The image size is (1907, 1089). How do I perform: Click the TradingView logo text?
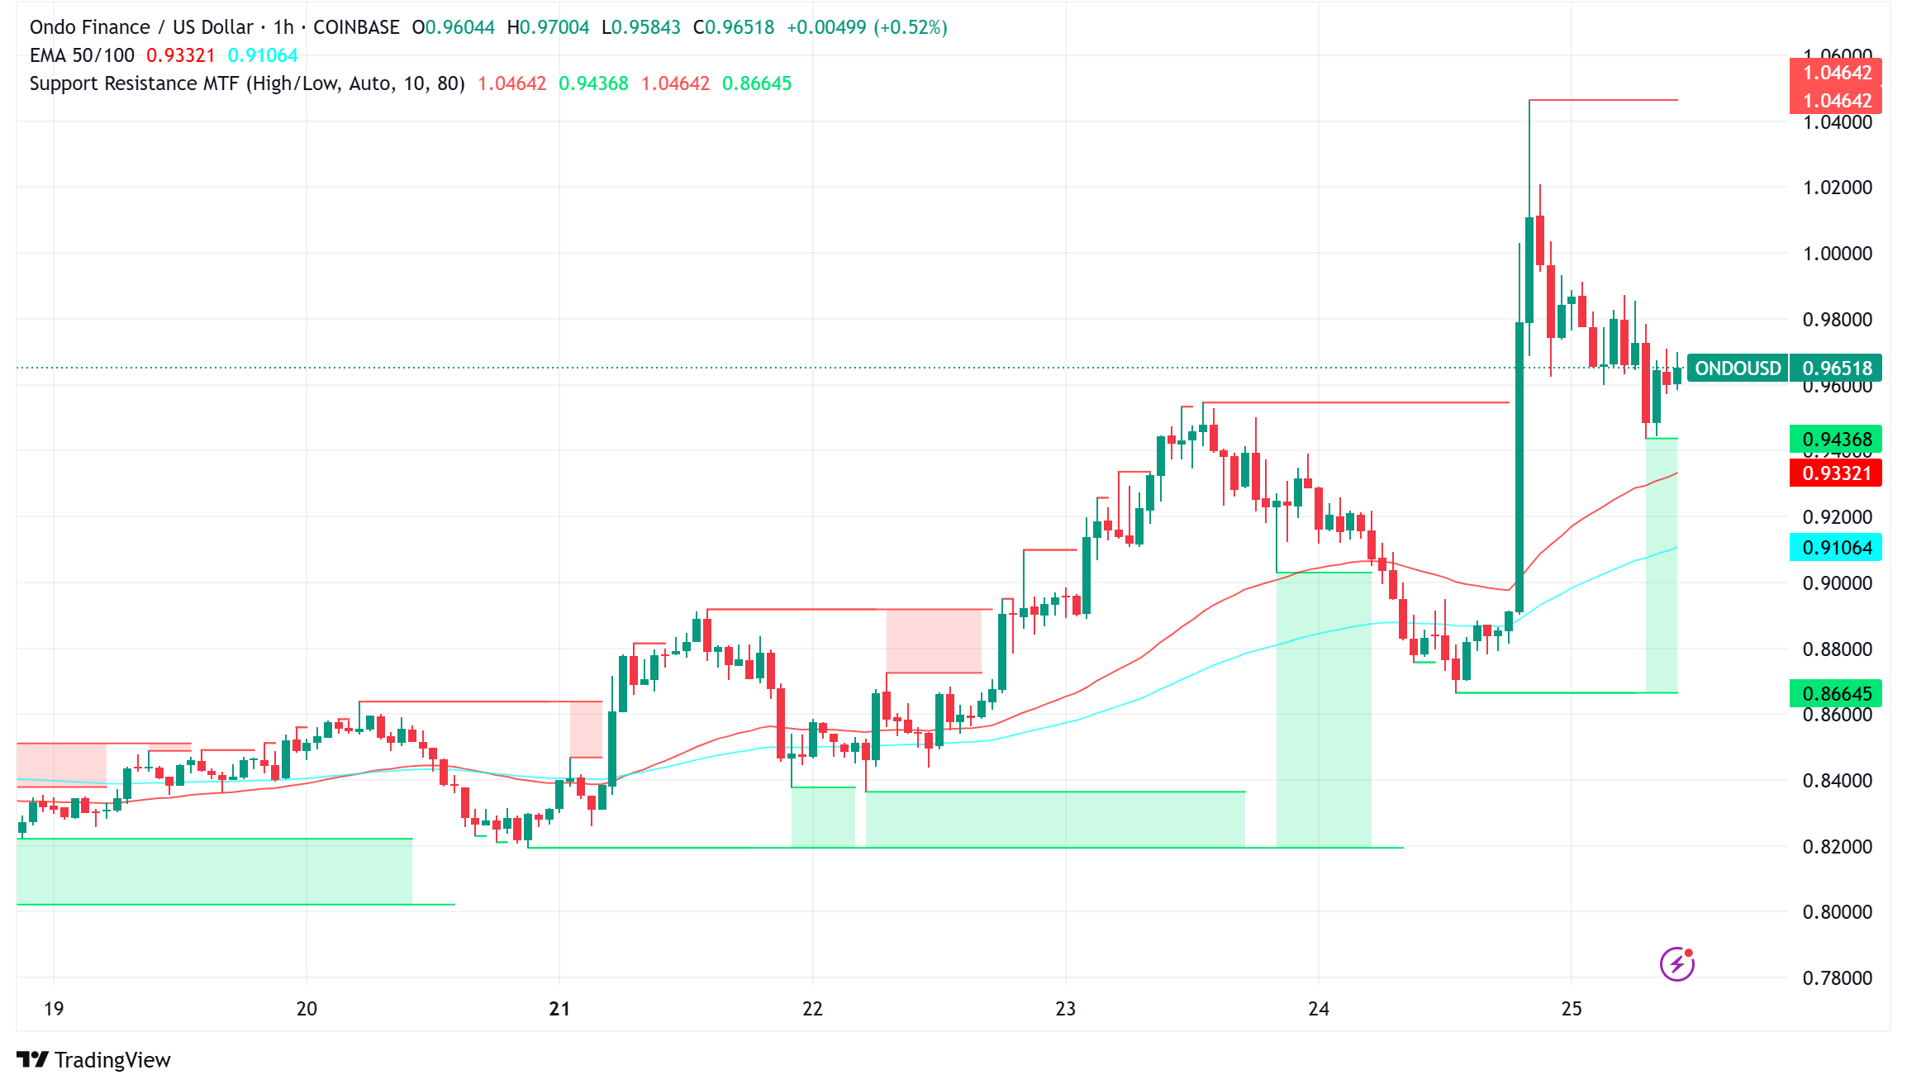pyautogui.click(x=112, y=1060)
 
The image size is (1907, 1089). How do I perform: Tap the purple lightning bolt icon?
pyautogui.click(x=1676, y=964)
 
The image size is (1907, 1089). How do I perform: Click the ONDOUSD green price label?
pyautogui.click(x=1738, y=369)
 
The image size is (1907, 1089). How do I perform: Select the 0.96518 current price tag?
pyautogui.click(x=1837, y=369)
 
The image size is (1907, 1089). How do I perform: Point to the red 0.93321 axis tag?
pyautogui.click(x=1836, y=473)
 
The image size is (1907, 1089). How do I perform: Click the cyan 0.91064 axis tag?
pyautogui.click(x=1836, y=548)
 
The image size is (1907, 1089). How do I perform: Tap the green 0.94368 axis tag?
pyautogui.click(x=1836, y=439)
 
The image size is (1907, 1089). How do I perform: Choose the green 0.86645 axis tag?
pyautogui.click(x=1836, y=693)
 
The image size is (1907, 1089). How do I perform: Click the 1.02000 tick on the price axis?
pyautogui.click(x=1837, y=188)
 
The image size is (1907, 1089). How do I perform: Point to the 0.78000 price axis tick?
pyautogui.click(x=1837, y=978)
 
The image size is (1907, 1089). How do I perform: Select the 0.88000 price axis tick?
pyautogui.click(x=1837, y=649)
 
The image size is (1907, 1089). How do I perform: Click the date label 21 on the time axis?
pyautogui.click(x=559, y=1009)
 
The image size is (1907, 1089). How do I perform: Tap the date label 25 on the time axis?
pyautogui.click(x=1572, y=1009)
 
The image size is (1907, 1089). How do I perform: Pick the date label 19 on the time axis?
pyautogui.click(x=54, y=1009)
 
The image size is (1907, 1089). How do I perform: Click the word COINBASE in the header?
pyautogui.click(x=356, y=27)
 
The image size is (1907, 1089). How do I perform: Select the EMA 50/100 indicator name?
pyautogui.click(x=82, y=55)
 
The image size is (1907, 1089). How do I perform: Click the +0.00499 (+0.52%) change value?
pyautogui.click(x=867, y=27)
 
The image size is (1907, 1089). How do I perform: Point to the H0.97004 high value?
pyautogui.click(x=548, y=27)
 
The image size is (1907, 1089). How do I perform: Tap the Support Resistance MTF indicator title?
pyautogui.click(x=247, y=83)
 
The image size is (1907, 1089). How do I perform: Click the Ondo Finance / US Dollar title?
pyautogui.click(x=140, y=27)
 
